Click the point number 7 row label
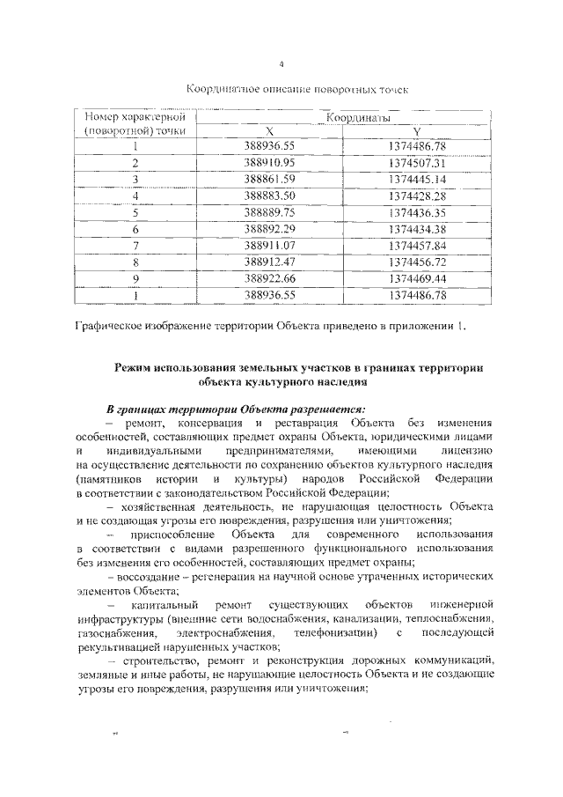tap(136, 246)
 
